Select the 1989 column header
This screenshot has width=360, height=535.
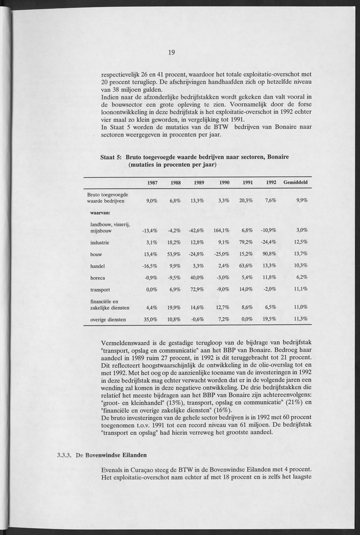click(x=198, y=182)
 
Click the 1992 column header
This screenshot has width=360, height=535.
click(x=271, y=182)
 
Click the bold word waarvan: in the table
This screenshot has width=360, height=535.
click(x=100, y=213)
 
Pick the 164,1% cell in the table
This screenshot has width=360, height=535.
click(x=221, y=230)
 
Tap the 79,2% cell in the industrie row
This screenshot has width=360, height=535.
click(x=246, y=242)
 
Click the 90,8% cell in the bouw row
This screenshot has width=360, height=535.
click(x=269, y=254)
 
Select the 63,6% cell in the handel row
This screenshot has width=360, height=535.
click(x=246, y=266)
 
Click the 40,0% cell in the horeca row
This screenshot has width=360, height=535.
click(x=197, y=277)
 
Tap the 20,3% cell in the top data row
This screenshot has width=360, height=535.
click(x=246, y=201)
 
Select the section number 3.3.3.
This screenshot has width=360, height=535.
click(x=67, y=456)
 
